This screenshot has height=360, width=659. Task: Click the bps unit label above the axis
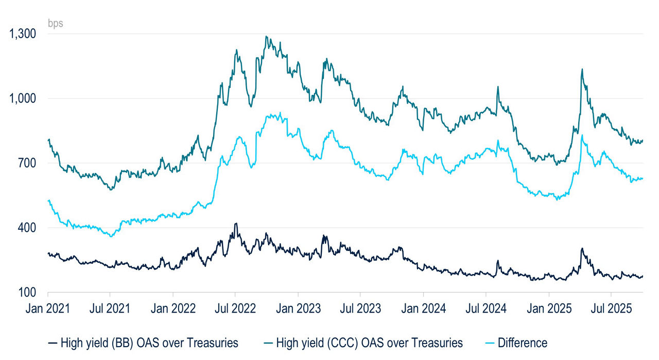coord(55,23)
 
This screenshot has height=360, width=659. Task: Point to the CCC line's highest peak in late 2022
coord(266,37)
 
